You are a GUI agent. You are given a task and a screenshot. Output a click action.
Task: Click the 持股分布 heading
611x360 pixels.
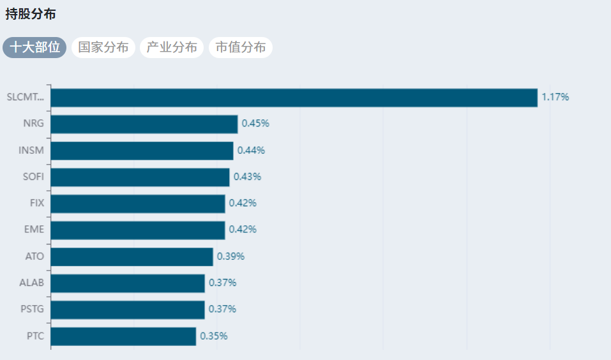tap(31, 14)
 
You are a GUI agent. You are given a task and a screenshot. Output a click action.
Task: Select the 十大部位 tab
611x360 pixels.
tap(34, 47)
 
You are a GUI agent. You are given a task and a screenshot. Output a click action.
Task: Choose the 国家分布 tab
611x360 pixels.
tap(103, 47)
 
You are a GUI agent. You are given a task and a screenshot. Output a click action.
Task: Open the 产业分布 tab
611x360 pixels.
tap(172, 47)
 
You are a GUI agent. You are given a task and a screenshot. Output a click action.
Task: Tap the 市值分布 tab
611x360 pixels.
tap(241, 47)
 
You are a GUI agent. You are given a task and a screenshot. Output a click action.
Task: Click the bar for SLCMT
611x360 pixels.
tap(294, 98)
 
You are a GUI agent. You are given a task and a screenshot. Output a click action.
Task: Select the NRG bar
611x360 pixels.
tap(144, 124)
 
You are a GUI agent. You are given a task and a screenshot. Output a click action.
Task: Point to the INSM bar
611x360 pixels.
tap(142, 151)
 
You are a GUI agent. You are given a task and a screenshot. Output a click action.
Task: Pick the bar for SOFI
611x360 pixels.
tap(140, 177)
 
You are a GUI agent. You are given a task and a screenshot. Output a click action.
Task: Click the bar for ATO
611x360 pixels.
tap(132, 257)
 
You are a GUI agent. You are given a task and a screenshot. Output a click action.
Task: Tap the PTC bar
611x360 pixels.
tap(123, 336)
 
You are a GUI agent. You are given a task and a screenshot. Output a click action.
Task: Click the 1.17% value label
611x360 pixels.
tap(555, 98)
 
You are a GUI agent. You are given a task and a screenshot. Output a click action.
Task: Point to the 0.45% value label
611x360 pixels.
tap(255, 124)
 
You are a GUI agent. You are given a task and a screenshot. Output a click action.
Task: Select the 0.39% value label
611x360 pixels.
tap(230, 257)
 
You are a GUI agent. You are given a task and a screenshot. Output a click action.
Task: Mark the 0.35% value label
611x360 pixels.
tap(213, 336)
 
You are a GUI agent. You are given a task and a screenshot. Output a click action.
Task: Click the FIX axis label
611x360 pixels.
tap(37, 203)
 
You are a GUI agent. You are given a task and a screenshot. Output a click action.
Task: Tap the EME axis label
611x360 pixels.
tap(34, 230)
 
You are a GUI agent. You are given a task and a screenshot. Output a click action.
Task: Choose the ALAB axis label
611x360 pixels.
tap(33, 283)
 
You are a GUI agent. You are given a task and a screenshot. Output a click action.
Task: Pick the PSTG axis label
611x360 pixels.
tap(33, 310)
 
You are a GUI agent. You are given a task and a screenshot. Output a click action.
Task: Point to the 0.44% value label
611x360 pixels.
tap(251, 151)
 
